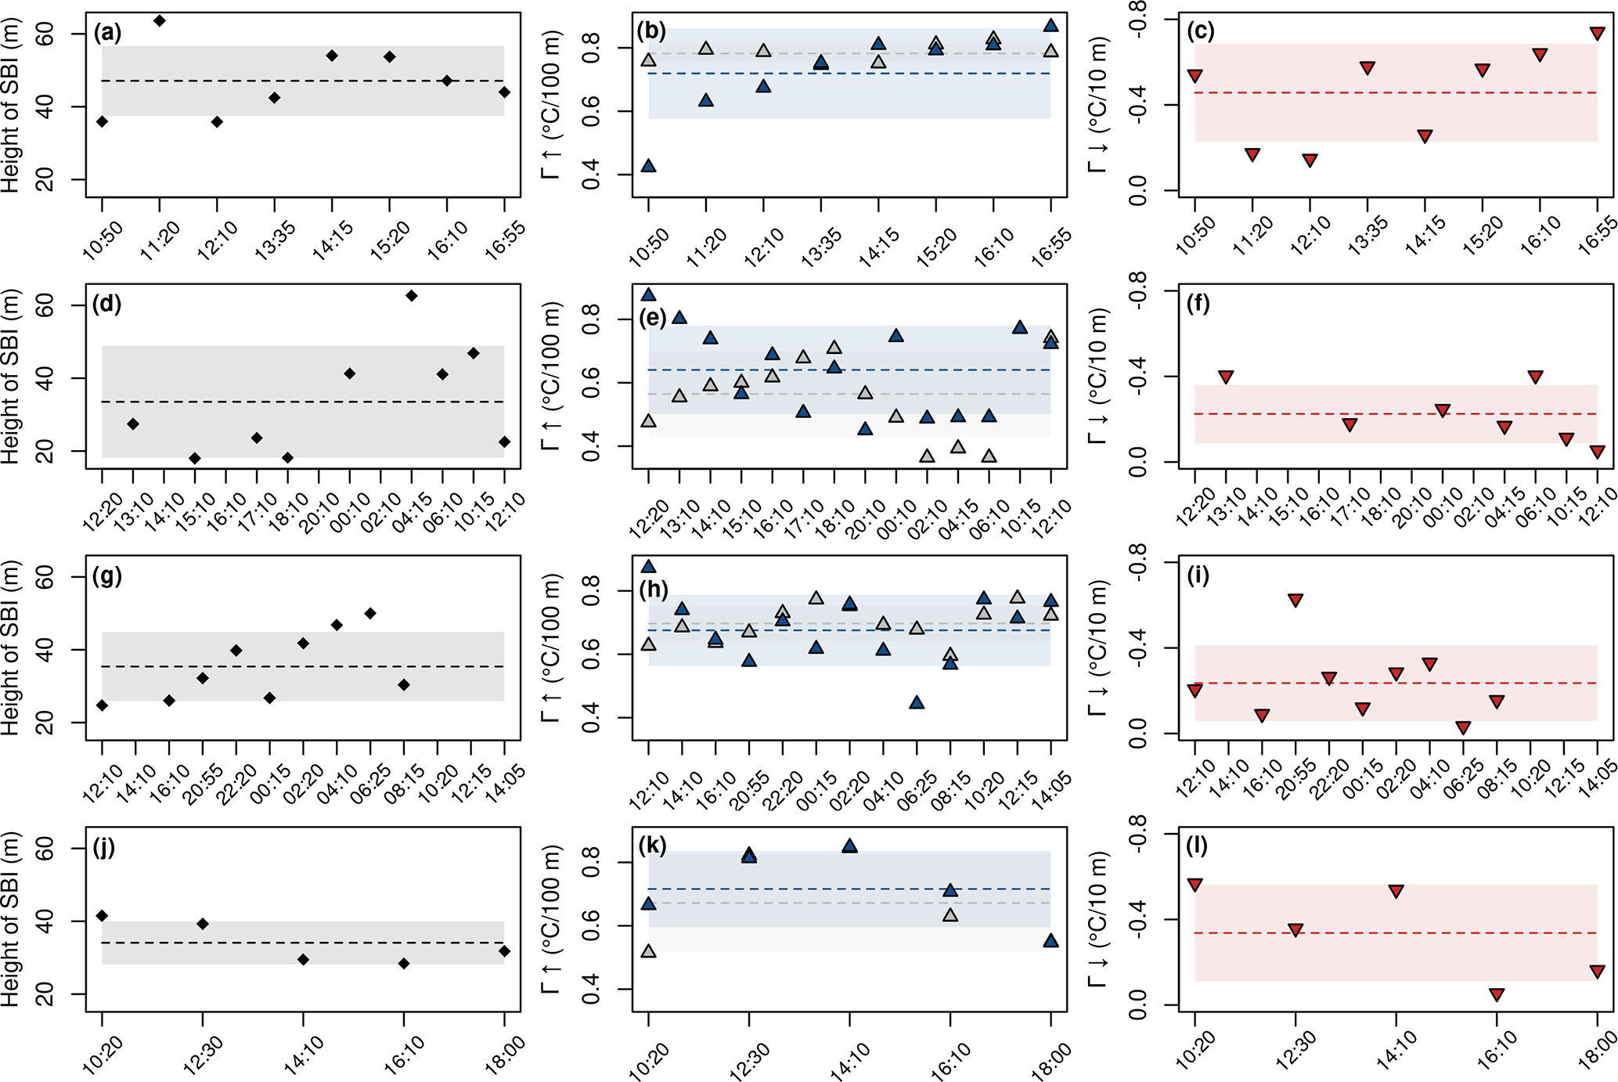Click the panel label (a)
[107, 33]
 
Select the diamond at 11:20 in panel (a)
[160, 20]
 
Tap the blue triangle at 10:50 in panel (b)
[648, 166]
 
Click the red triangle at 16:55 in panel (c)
[1597, 34]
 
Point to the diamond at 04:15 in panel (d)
[411, 296]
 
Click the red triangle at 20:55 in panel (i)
[1295, 601]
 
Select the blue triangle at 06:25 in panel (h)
[917, 703]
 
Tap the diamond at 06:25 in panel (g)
[370, 614]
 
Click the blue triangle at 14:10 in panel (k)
[849, 846]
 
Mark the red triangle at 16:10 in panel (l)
[1497, 995]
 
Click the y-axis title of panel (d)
[11, 376]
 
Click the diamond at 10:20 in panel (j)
[102, 916]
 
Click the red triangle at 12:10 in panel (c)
[1310, 160]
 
